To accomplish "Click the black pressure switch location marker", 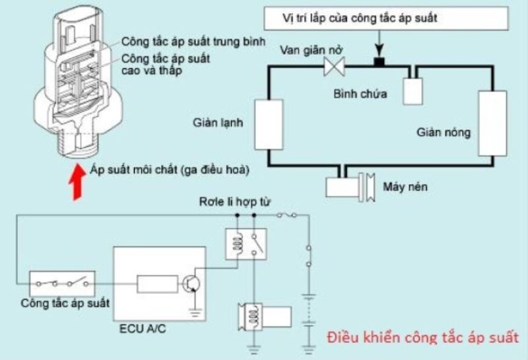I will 379,63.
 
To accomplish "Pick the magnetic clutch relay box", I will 246,244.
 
